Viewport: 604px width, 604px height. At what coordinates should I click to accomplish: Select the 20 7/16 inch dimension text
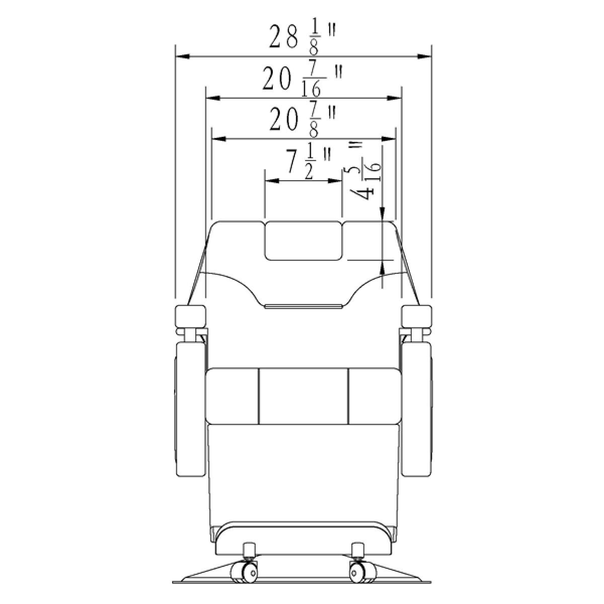click(x=302, y=80)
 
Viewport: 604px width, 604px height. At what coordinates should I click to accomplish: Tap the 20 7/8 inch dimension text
click(x=303, y=120)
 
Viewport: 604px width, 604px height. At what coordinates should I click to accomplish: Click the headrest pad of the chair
click(x=303, y=241)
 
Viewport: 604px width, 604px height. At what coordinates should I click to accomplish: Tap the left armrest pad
click(x=190, y=316)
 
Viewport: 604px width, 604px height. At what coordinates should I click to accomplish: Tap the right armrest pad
click(x=416, y=316)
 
